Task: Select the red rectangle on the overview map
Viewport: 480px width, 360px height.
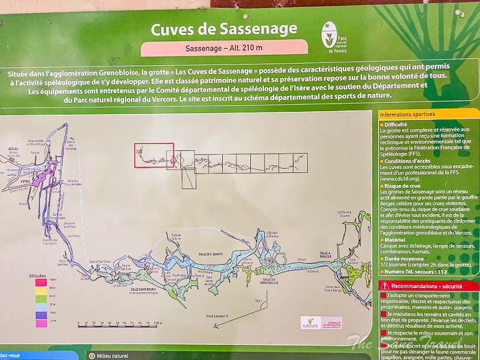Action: [154, 156]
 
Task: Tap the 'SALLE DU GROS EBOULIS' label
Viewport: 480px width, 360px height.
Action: [269, 279]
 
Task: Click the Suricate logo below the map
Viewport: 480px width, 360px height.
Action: [311, 322]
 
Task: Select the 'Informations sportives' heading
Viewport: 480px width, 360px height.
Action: [407, 115]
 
